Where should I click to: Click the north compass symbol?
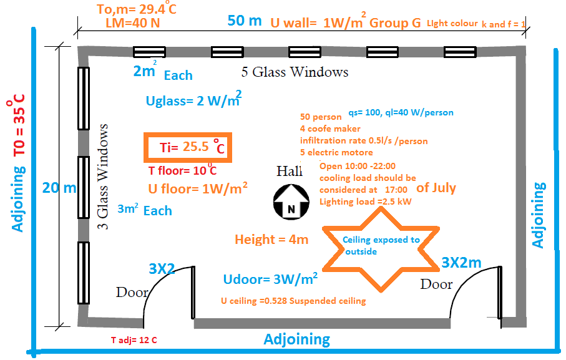point(291,204)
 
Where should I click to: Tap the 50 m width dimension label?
point(245,21)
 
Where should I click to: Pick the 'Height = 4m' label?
point(271,240)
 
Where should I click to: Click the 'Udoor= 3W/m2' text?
point(270,278)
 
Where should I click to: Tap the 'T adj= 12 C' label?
point(134,340)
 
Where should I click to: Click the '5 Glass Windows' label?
point(295,72)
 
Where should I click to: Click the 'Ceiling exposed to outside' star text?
point(381,245)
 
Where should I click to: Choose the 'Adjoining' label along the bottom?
point(296,340)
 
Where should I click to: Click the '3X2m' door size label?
point(461,263)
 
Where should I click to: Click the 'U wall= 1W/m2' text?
point(316,23)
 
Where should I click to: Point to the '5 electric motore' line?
point(336,153)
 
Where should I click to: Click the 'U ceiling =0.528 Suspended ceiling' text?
point(293,301)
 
